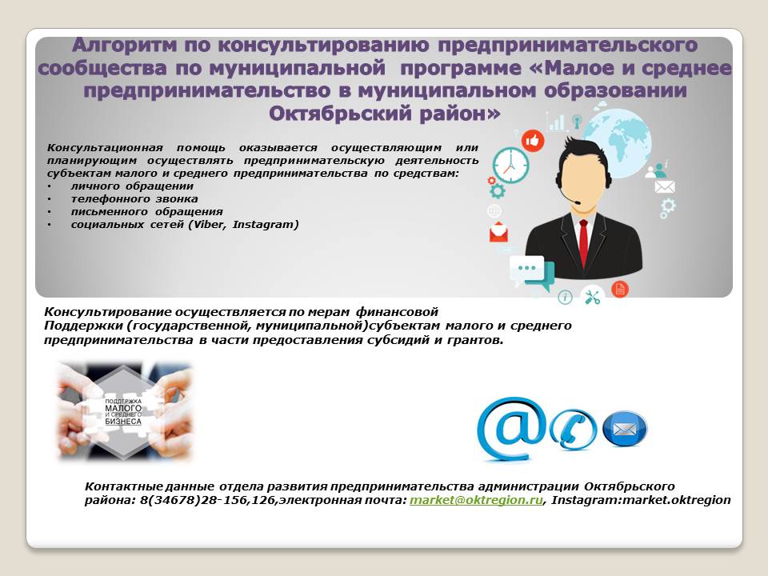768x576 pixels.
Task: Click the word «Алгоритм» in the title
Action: point(124,45)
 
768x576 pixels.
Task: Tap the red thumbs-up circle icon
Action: point(533,141)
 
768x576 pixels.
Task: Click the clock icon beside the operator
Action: point(510,166)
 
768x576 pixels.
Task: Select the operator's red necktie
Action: point(583,243)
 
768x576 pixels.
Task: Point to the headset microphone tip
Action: point(578,202)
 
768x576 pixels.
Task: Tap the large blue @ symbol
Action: point(511,429)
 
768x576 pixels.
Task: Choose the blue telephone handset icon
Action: point(573,430)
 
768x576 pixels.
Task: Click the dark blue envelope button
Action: point(625,429)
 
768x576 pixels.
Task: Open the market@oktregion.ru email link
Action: point(476,500)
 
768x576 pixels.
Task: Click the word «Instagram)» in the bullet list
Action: point(266,224)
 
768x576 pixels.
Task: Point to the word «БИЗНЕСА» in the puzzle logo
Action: point(123,422)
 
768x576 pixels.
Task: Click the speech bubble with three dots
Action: point(527,269)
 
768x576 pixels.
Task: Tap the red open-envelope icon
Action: point(498,232)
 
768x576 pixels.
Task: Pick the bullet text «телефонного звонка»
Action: point(134,199)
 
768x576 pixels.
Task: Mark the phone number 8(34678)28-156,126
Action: point(208,500)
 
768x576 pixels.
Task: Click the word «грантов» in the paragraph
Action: point(474,340)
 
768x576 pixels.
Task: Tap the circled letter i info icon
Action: point(566,298)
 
